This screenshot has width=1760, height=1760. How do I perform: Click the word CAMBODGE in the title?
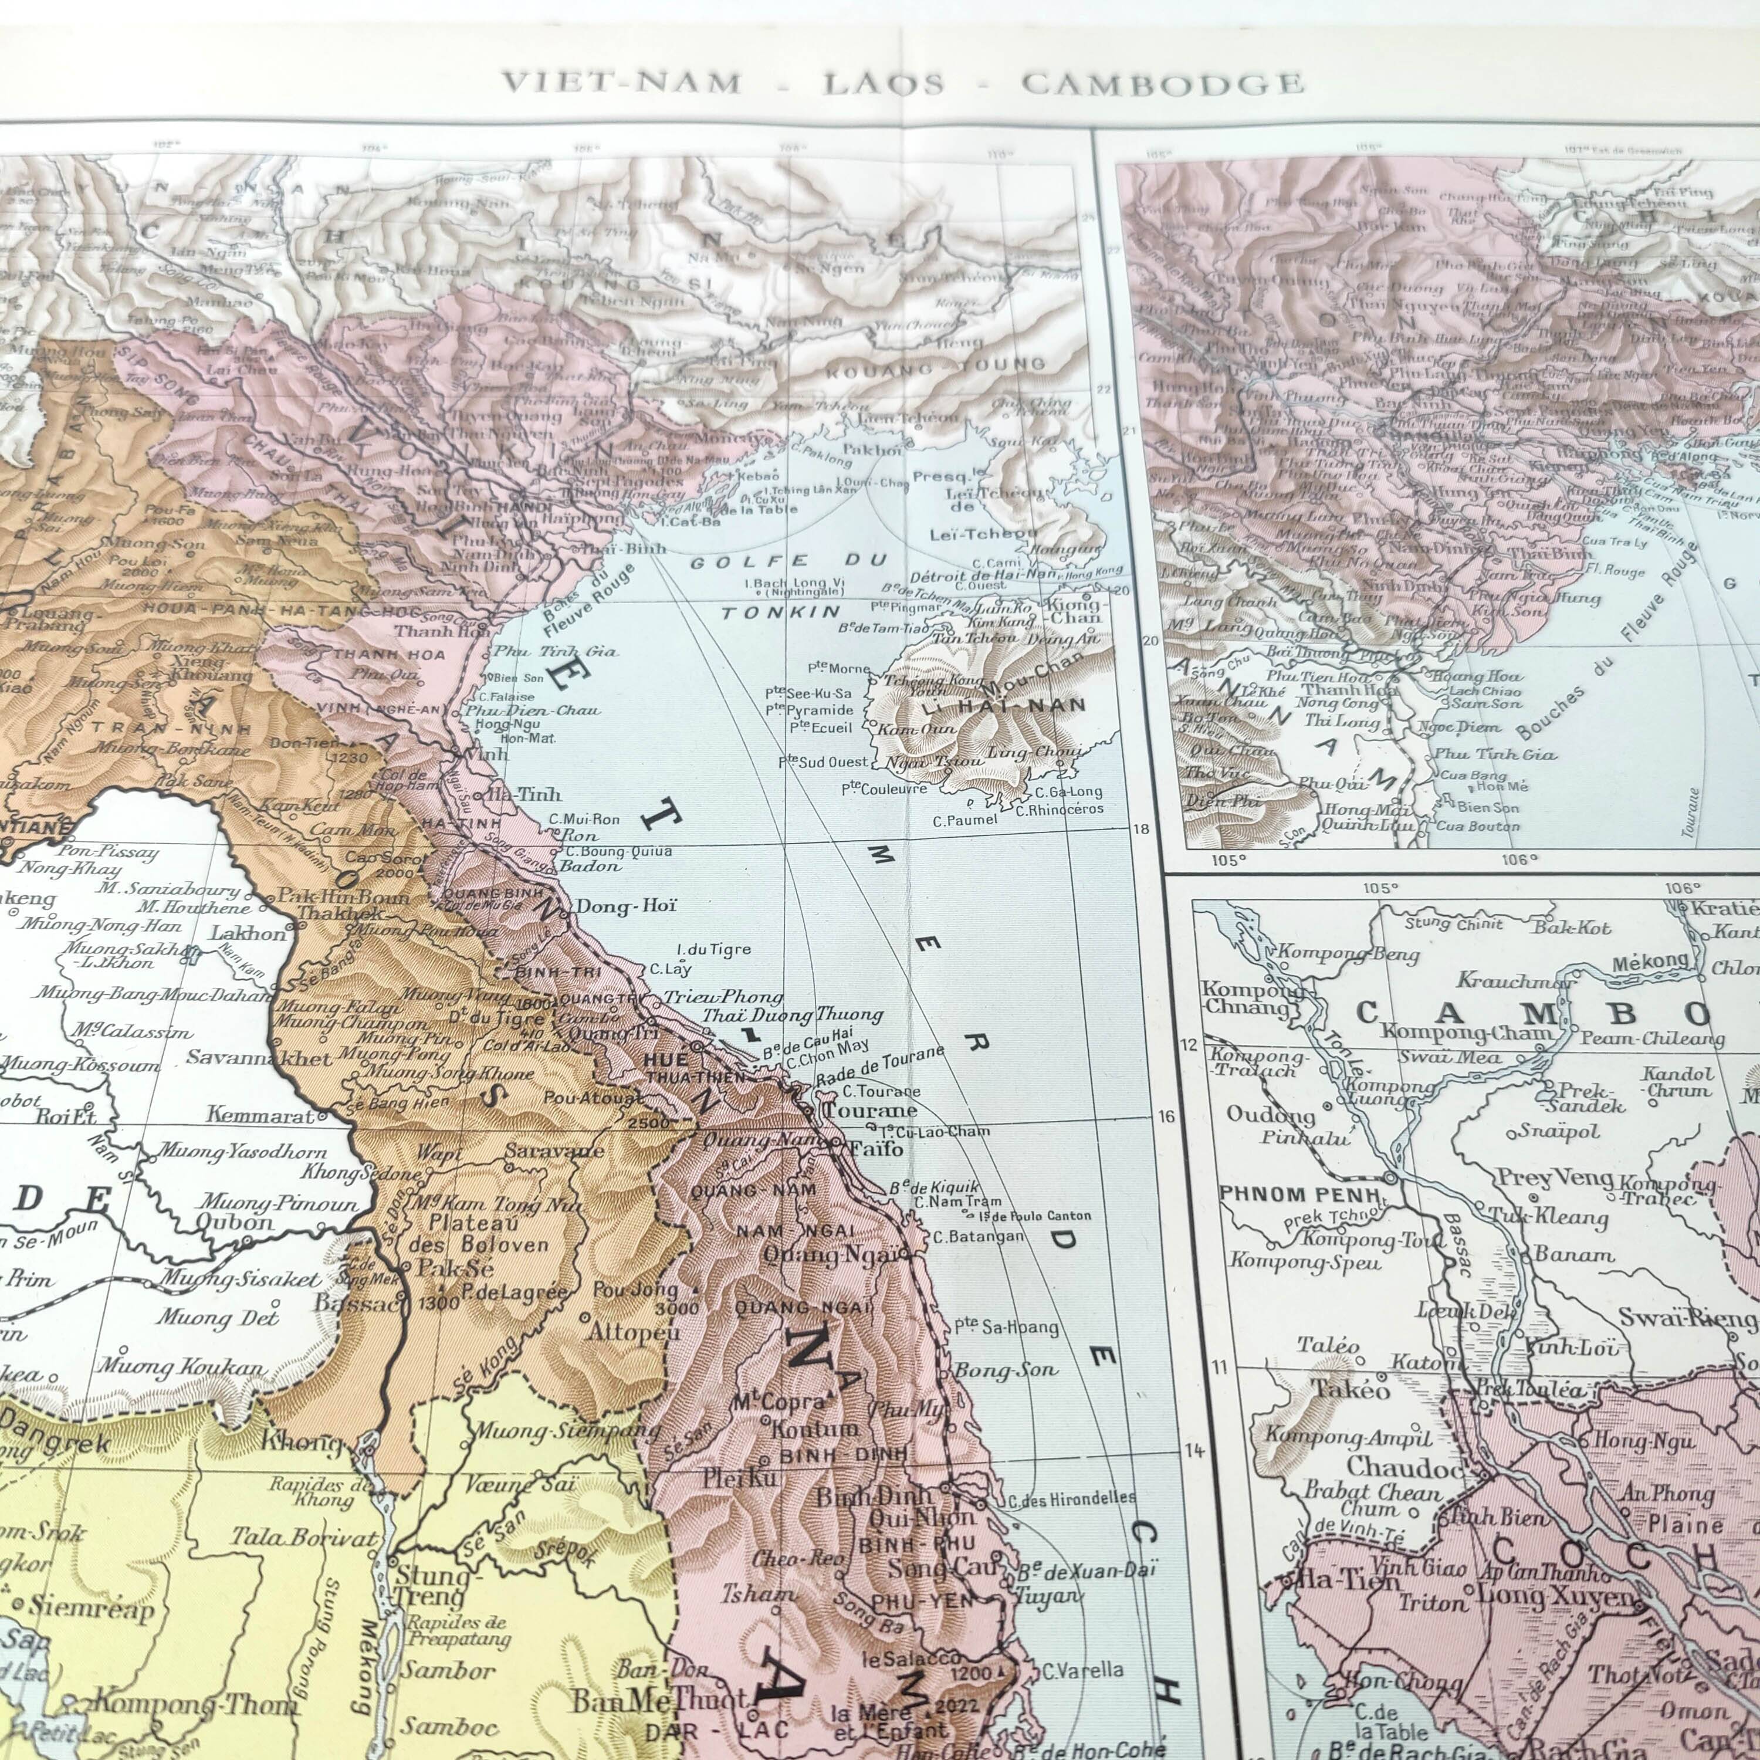pos(1162,84)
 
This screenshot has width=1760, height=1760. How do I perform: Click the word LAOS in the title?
pos(884,84)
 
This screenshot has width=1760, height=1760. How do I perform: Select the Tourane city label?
pos(870,1111)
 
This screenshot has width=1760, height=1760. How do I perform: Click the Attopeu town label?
pos(634,1332)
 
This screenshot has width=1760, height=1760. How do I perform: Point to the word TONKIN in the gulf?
pos(781,612)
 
